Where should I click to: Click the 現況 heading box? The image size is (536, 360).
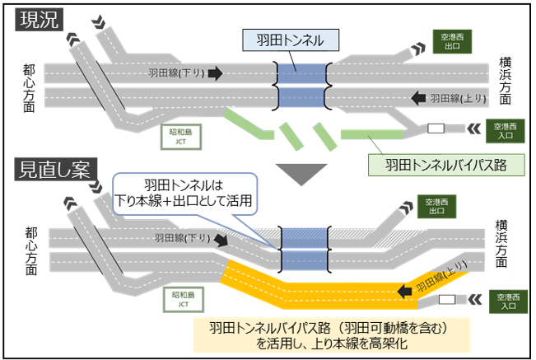pos(40,20)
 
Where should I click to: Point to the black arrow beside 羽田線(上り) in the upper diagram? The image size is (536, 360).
pos(417,97)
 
